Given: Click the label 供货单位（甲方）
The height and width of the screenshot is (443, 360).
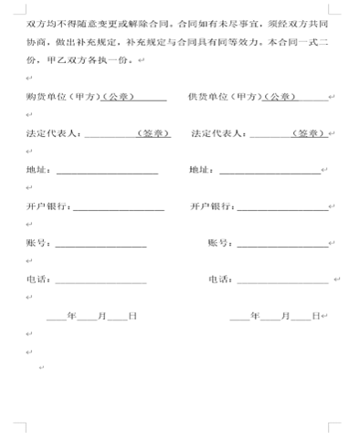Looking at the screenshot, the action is pos(220,98).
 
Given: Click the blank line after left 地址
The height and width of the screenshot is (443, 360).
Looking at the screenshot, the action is pos(107,171).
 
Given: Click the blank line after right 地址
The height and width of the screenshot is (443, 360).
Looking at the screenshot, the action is pos(269,171).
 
